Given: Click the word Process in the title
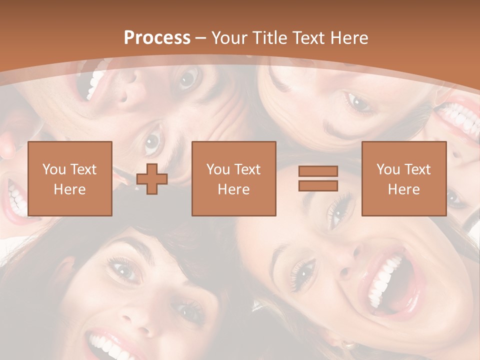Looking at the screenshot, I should (157, 38).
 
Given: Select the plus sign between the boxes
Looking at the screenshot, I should (152, 179).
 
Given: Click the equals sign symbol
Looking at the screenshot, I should (318, 178).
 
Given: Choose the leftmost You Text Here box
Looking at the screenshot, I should (70, 179).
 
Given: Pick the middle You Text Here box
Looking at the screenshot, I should (234, 179).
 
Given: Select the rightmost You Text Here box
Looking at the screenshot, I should (404, 179).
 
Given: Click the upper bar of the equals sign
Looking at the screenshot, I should (318, 171).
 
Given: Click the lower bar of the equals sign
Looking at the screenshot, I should (318, 185).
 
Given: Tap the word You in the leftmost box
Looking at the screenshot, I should (53, 169).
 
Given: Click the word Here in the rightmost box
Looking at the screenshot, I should (404, 189).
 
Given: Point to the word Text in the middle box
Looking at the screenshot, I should (246, 169).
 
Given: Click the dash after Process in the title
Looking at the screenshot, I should (201, 38).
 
